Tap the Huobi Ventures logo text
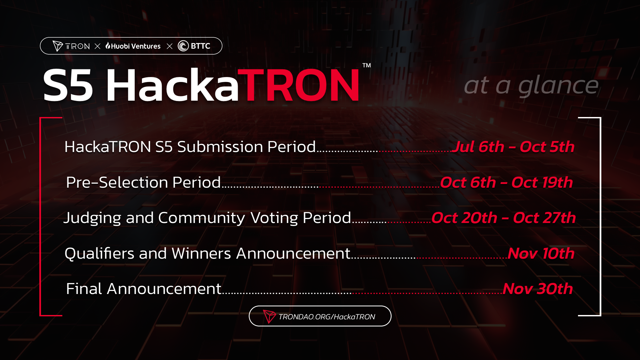click(x=133, y=46)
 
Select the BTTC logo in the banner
click(x=194, y=46)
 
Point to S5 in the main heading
click(x=68, y=85)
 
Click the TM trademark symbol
click(x=367, y=65)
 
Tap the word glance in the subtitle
click(x=558, y=85)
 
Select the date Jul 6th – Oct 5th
click(x=513, y=147)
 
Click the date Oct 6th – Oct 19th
click(x=507, y=182)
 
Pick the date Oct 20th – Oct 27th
click(x=504, y=218)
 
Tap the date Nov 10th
click(x=541, y=253)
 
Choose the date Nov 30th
click(x=538, y=289)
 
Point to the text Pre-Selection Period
click(x=143, y=182)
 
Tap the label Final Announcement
click(x=143, y=289)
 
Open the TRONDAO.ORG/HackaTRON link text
click(x=327, y=317)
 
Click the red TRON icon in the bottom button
click(x=269, y=316)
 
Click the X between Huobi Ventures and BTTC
click(x=169, y=46)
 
